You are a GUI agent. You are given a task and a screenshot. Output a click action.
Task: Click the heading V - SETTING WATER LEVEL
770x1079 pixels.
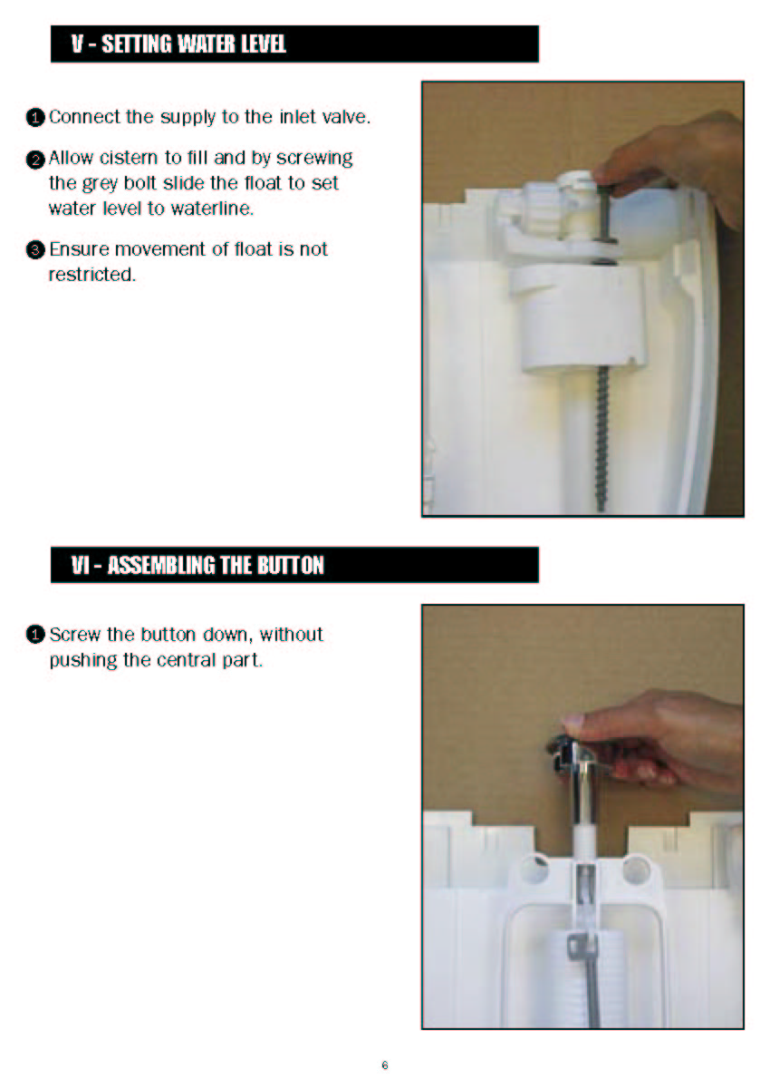click(178, 44)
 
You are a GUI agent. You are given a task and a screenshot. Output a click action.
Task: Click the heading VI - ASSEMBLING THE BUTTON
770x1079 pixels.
click(197, 565)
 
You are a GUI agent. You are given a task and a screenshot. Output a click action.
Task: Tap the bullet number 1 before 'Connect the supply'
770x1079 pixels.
click(35, 118)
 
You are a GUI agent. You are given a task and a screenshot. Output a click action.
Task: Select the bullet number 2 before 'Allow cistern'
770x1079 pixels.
click(35, 159)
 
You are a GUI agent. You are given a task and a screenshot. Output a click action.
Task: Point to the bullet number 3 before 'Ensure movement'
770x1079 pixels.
click(35, 249)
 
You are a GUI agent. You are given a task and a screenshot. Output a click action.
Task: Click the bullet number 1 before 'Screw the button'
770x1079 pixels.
click(35, 635)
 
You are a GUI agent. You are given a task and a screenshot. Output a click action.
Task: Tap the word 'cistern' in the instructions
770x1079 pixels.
click(130, 159)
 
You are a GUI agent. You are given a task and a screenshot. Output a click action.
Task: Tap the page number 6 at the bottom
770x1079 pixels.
click(384, 1065)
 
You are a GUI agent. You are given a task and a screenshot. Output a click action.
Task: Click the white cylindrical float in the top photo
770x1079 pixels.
click(578, 316)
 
